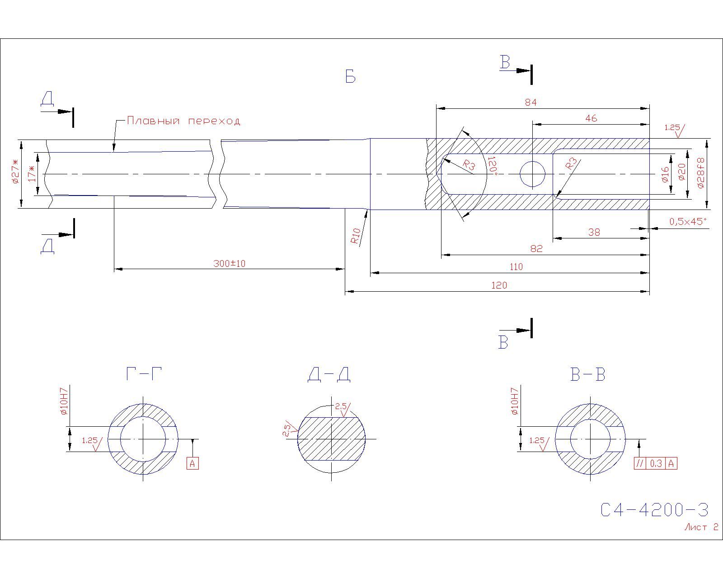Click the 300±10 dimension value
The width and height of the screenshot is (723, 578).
pyautogui.click(x=230, y=264)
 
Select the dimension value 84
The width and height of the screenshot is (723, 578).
pyautogui.click(x=531, y=103)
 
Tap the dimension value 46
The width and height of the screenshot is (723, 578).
pyautogui.click(x=591, y=118)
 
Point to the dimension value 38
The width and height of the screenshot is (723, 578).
pyautogui.click(x=594, y=233)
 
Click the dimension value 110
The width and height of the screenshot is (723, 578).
pyautogui.click(x=516, y=267)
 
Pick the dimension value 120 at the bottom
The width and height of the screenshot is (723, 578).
pyautogui.click(x=499, y=285)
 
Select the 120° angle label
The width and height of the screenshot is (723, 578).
pyautogui.click(x=493, y=164)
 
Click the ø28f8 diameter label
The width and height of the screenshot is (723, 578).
pyautogui.click(x=701, y=173)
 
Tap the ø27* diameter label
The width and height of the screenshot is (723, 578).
pyautogui.click(x=15, y=171)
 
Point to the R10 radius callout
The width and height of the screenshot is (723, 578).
pyautogui.click(x=356, y=236)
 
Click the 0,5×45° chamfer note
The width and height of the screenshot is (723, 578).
pyautogui.click(x=688, y=222)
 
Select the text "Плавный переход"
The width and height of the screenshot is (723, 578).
pyautogui.click(x=184, y=121)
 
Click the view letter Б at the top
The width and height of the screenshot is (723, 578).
pyautogui.click(x=350, y=77)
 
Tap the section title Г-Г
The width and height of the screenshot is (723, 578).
pyautogui.click(x=144, y=374)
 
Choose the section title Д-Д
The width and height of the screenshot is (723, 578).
pyautogui.click(x=329, y=374)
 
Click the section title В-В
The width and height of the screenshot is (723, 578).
pyautogui.click(x=588, y=374)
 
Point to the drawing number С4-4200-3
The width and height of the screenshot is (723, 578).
pyautogui.click(x=654, y=510)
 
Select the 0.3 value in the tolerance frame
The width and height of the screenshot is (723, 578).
pyautogui.click(x=656, y=464)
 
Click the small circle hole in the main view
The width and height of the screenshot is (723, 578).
pyautogui.click(x=532, y=174)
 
